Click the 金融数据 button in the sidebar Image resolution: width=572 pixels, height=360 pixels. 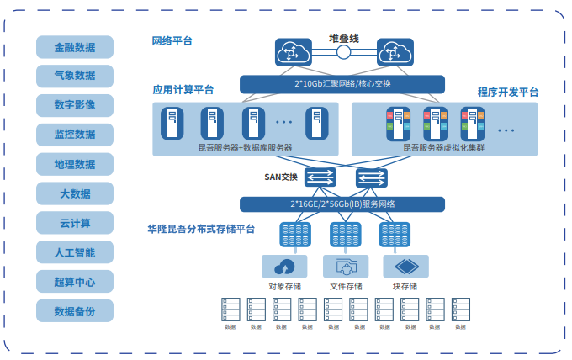74,47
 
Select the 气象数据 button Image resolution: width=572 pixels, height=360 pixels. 74,76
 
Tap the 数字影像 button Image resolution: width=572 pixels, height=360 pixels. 74,105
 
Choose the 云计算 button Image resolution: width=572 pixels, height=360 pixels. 74,223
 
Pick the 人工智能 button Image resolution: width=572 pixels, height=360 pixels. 74,252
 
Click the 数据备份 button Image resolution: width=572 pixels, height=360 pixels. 74,311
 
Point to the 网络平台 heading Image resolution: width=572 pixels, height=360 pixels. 172,40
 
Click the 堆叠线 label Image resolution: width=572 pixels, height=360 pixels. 343,39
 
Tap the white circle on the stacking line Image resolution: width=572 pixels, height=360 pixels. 343,53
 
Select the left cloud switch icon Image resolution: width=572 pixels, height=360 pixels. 293,53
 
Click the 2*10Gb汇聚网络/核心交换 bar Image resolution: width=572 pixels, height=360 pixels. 342,84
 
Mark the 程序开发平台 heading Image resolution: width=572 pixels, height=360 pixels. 508,92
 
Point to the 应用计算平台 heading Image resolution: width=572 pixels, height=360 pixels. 183,89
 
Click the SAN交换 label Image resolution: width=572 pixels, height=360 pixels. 283,177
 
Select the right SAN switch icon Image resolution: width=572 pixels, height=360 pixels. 371,177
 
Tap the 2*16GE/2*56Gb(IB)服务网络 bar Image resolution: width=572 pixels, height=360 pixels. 342,204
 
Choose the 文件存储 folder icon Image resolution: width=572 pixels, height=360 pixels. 346,267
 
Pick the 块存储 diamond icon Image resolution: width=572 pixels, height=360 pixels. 405,267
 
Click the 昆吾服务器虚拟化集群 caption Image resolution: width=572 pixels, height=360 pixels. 443,148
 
